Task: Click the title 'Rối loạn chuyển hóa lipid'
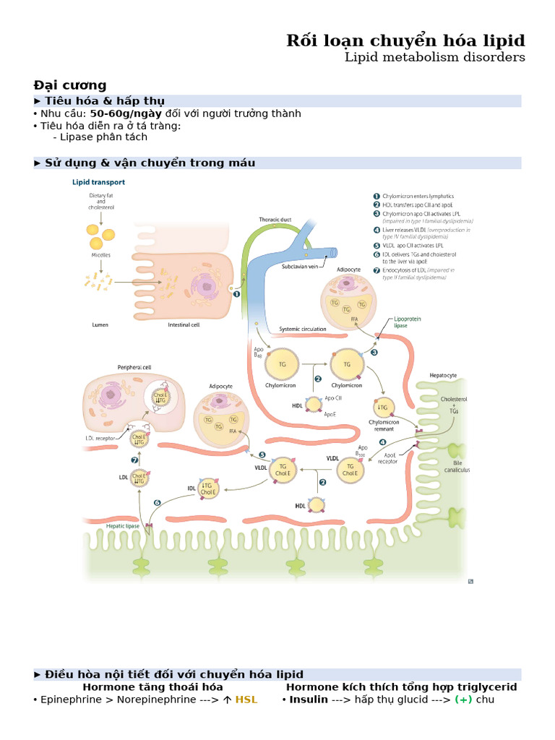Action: pyautogui.click(x=405, y=40)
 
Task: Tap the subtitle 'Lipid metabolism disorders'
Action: pyautogui.click(x=434, y=57)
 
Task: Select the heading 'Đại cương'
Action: pyautogui.click(x=70, y=85)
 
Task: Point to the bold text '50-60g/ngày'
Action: pyautogui.click(x=126, y=113)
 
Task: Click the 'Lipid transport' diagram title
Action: pyautogui.click(x=98, y=183)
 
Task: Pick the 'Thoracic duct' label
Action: pyautogui.click(x=275, y=219)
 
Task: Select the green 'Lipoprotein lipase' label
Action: pyautogui.click(x=410, y=322)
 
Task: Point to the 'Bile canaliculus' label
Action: pyautogui.click(x=457, y=465)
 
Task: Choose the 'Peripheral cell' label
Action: pyautogui.click(x=134, y=367)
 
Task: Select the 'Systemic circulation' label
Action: pyautogui.click(x=302, y=329)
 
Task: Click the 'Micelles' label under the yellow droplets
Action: pyautogui.click(x=100, y=255)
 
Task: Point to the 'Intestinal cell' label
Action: pyautogui.click(x=184, y=324)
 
